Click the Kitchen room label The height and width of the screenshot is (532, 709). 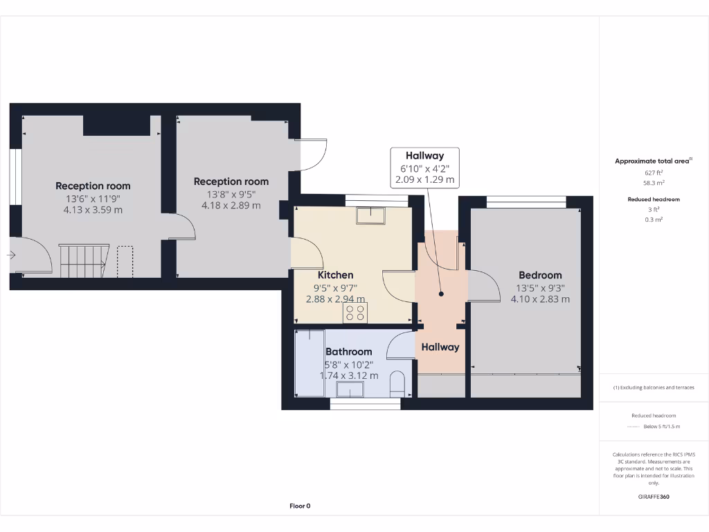click(335, 275)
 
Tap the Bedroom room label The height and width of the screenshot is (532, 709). click(540, 275)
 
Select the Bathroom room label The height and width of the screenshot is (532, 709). click(348, 352)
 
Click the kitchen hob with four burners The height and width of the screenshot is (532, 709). click(356, 312)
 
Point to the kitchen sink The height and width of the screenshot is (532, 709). click(371, 215)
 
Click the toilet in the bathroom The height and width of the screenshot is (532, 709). click(397, 385)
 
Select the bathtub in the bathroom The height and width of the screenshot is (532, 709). click(309, 364)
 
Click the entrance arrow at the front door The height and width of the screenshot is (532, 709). click(11, 255)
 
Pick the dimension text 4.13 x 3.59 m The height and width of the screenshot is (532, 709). click(93, 210)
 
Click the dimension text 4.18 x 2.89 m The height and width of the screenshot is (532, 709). click(231, 206)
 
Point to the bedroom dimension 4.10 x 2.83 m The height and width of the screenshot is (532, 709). click(540, 299)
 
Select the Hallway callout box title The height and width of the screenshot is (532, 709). click(424, 156)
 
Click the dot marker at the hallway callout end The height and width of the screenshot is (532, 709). click(441, 294)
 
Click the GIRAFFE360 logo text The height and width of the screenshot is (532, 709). click(654, 497)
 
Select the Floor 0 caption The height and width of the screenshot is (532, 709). click(300, 506)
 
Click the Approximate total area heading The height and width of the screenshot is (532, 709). click(652, 161)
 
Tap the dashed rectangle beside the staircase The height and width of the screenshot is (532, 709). click(125, 260)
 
